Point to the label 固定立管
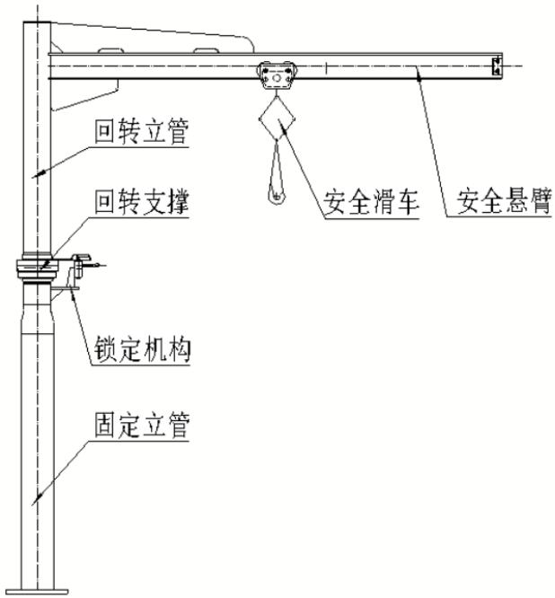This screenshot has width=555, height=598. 141,426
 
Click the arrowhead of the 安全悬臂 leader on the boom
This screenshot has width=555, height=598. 417,77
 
